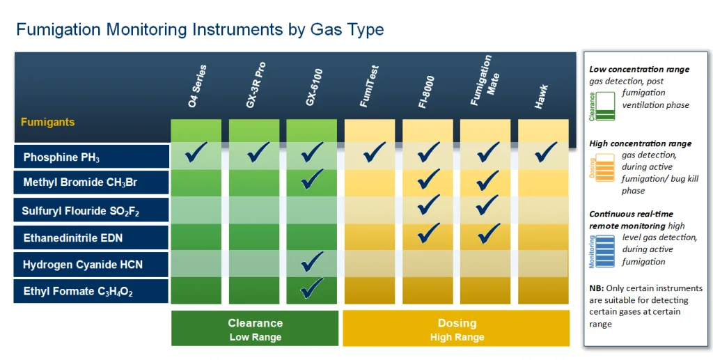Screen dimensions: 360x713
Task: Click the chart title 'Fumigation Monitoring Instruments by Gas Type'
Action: click(x=200, y=30)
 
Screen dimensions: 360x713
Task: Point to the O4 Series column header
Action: click(x=197, y=87)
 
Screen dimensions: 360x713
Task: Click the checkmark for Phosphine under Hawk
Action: click(x=544, y=151)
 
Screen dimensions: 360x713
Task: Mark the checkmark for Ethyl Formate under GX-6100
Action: click(x=313, y=286)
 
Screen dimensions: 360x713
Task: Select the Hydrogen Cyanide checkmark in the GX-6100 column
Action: click(x=313, y=260)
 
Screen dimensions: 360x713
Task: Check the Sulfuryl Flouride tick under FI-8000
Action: click(x=428, y=205)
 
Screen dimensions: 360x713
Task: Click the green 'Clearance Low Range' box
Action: click(x=255, y=329)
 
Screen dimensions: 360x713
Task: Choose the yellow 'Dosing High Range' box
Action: click(x=457, y=329)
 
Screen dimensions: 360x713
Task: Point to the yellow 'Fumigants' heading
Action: click(x=47, y=123)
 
